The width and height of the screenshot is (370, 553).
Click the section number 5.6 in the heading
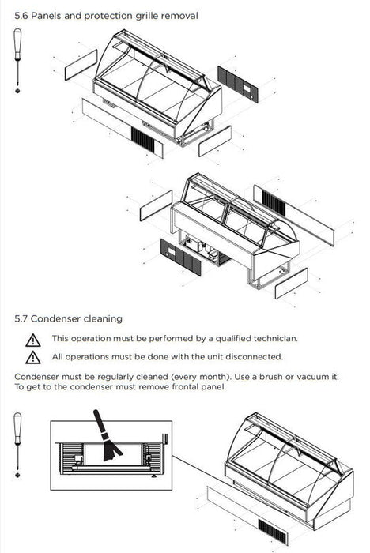pyautogui.click(x=21, y=16)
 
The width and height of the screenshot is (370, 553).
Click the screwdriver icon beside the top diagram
pyautogui.click(x=17, y=61)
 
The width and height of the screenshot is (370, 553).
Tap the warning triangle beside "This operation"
pyautogui.click(x=33, y=340)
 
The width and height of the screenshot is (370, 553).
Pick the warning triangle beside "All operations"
pyautogui.click(x=33, y=357)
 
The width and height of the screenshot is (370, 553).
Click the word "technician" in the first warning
pyautogui.click(x=275, y=339)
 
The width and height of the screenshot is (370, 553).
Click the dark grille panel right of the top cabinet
pyautogui.click(x=238, y=84)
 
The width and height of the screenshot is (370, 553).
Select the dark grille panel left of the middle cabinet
pyautogui.click(x=181, y=257)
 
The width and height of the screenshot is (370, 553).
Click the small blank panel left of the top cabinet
pyautogui.click(x=81, y=65)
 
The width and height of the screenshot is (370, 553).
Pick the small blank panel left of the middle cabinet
pyautogui.click(x=156, y=205)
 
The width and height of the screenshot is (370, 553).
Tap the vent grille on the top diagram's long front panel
pyautogui.click(x=143, y=140)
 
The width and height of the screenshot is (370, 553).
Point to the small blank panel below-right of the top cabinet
pyautogui.click(x=215, y=141)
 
